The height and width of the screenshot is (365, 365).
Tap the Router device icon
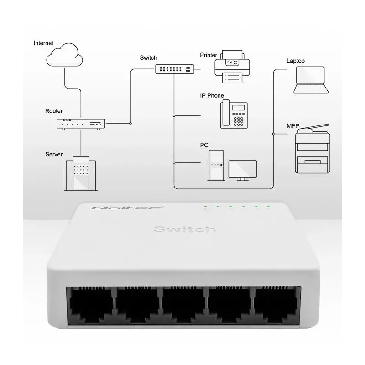point(81,124)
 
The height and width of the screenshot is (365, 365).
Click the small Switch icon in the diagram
point(175,69)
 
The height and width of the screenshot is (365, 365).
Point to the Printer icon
point(232,67)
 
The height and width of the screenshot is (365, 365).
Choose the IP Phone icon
point(234,115)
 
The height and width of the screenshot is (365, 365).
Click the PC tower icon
point(216,165)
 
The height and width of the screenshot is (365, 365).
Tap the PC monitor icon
point(242,170)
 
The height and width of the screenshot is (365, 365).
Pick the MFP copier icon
point(312,150)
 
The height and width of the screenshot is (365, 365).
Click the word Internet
point(43,43)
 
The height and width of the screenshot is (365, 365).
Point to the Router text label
point(54,111)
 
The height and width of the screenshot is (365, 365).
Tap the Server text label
point(54,154)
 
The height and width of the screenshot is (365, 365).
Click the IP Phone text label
point(212,96)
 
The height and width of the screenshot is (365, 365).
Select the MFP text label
point(292,125)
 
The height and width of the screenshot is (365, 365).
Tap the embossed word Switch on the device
point(184,229)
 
